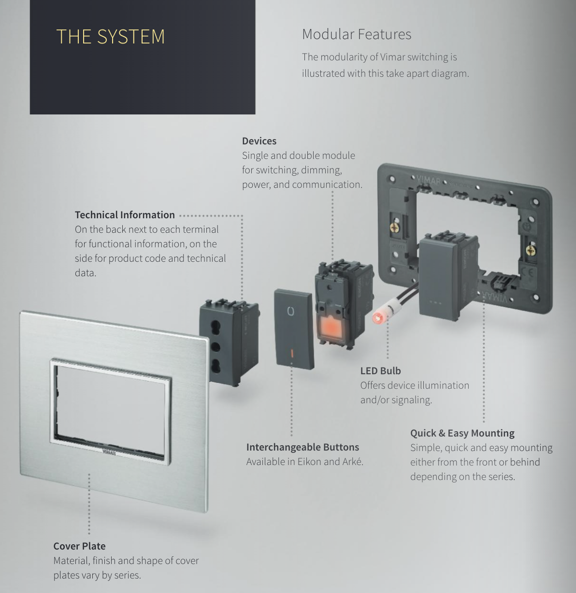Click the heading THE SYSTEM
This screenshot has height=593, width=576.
111,37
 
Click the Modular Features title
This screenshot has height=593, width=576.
357,34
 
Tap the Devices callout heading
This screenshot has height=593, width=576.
259,141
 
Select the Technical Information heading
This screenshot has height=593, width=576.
125,215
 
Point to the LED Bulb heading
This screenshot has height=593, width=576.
381,371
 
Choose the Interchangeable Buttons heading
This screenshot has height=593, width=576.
303,447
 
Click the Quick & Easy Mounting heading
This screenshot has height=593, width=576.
462,433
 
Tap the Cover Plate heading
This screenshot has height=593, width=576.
80,546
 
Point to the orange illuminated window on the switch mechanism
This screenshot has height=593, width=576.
330,327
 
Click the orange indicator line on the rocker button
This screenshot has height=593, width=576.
292,353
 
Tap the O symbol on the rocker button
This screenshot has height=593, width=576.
290,311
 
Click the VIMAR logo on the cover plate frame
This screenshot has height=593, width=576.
109,452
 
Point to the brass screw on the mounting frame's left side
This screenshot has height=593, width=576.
395,226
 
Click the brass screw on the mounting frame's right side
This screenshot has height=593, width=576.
531,250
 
